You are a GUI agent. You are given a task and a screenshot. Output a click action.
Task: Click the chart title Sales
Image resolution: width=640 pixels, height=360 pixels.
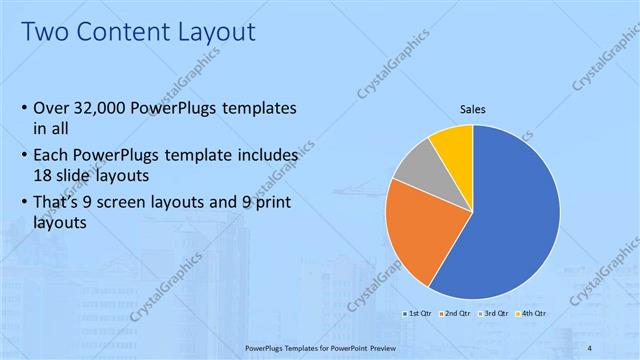tap(473, 109)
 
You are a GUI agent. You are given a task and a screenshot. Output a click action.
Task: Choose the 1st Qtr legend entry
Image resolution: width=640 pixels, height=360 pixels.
tap(418, 313)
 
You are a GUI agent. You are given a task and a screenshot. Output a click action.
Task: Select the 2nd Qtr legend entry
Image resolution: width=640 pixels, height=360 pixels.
tap(457, 313)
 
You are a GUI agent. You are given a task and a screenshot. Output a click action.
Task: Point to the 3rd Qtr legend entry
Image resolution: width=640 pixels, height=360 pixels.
tap(496, 313)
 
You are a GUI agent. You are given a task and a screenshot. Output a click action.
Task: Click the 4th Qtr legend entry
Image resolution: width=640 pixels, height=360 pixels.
tap(533, 313)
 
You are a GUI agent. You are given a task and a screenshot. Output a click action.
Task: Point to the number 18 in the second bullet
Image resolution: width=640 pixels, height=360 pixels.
tap(45, 174)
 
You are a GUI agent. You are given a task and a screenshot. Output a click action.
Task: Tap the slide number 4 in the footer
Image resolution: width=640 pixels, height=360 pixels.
tap(590, 347)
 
